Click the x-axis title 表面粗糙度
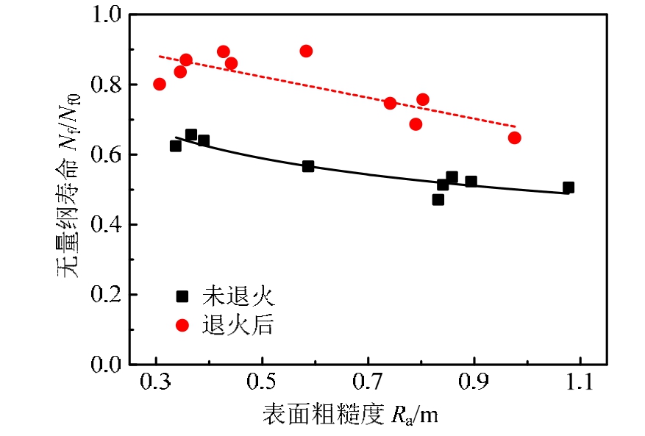pos(321,415)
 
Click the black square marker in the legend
pos(182,296)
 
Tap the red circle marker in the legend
pos(182,324)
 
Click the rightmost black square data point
pos(569,188)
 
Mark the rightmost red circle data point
pos(514,137)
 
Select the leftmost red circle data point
pos(160,84)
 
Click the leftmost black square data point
pos(176,146)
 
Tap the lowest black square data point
pos(438,199)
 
